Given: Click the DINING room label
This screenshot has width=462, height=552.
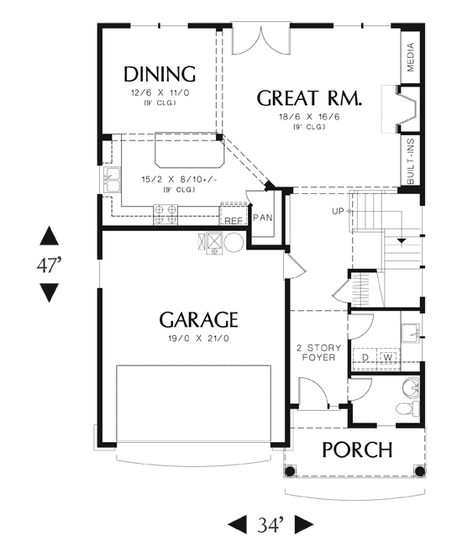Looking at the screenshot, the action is pyautogui.click(x=160, y=74).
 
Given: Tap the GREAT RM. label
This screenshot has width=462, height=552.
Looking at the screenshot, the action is pyautogui.click(x=309, y=97).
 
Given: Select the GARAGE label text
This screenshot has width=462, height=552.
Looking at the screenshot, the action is pyautogui.click(x=198, y=319).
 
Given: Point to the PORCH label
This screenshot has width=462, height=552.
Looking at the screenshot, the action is pyautogui.click(x=357, y=449).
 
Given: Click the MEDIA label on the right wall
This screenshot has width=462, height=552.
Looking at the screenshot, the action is pyautogui.click(x=410, y=57).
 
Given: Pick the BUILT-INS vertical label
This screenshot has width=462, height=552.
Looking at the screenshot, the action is pyautogui.click(x=410, y=160).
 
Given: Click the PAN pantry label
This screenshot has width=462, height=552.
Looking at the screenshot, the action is pyautogui.click(x=262, y=218).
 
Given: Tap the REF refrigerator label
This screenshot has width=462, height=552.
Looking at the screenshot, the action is pyautogui.click(x=234, y=221).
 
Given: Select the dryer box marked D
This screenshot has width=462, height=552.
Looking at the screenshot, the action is pyautogui.click(x=365, y=357).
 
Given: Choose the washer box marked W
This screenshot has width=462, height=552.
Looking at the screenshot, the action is pyautogui.click(x=388, y=357).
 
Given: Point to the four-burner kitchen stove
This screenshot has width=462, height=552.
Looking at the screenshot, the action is pyautogui.click(x=165, y=214).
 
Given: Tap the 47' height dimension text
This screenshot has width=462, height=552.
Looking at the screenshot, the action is pyautogui.click(x=49, y=265).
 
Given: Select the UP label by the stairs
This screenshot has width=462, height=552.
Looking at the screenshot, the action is pyautogui.click(x=338, y=211).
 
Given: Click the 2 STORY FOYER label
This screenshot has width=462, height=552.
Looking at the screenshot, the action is pyautogui.click(x=319, y=353).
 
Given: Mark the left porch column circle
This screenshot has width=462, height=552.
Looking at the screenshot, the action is pyautogui.click(x=290, y=471).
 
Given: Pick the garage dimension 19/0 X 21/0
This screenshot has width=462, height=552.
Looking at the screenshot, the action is pyautogui.click(x=198, y=339).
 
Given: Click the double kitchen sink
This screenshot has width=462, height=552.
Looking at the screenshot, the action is pyautogui.click(x=112, y=181).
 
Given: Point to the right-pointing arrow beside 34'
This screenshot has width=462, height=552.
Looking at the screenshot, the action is pyautogui.click(x=304, y=525).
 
